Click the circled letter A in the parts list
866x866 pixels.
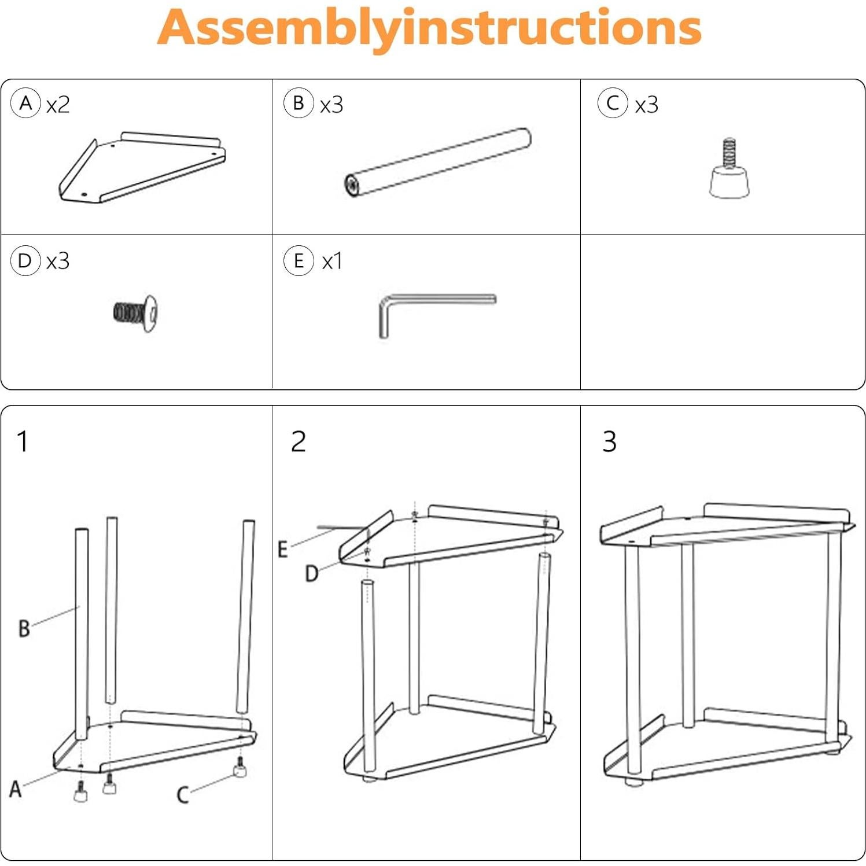click(25, 104)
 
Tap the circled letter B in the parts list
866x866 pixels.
click(299, 104)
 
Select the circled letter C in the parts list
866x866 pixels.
click(613, 104)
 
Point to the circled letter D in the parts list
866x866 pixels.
click(25, 260)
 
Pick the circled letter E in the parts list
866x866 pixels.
click(299, 260)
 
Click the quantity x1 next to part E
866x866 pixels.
click(332, 261)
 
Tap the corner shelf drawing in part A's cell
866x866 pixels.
click(142, 167)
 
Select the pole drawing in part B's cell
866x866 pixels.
click(438, 163)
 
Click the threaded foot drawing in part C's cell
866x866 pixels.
click(730, 168)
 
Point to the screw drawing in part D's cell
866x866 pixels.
click(135, 313)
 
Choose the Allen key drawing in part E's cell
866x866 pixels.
click(437, 316)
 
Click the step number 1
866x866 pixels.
click(23, 441)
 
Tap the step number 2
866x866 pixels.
click(299, 441)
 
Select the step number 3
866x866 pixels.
click(609, 441)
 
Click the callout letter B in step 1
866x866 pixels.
click(24, 628)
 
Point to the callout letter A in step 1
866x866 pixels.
click(16, 788)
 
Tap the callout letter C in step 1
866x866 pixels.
click(183, 794)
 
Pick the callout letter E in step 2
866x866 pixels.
click(282, 549)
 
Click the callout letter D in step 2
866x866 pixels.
click(312, 573)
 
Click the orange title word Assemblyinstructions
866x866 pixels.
click(429, 27)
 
